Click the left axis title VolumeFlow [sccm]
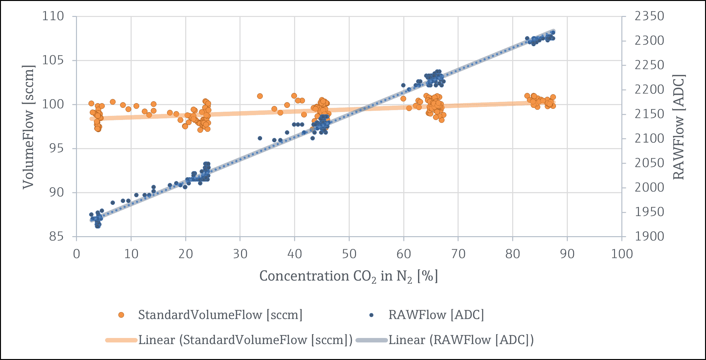click(28, 127)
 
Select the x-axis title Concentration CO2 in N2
click(348, 276)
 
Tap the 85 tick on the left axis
click(56, 237)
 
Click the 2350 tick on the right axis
click(649, 16)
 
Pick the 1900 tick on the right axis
click(649, 237)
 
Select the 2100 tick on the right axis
click(649, 139)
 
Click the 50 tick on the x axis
click(349, 254)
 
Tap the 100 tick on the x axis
click(622, 254)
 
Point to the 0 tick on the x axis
click(76, 254)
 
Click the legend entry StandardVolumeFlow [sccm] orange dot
click(121, 315)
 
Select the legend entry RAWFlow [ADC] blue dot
click(371, 315)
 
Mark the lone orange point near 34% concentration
click(260, 96)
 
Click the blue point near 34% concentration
click(260, 138)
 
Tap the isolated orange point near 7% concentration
click(113, 102)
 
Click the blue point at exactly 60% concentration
click(403, 85)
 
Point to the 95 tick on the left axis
click(56, 148)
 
